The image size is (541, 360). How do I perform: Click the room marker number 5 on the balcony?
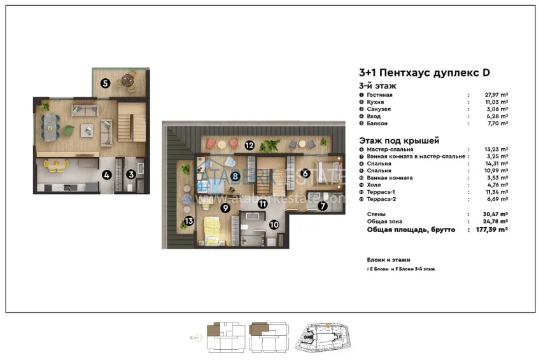pos(105,82)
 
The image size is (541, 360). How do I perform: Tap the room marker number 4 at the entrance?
pos(107,174)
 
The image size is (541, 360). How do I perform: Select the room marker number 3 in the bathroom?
pos(130,174)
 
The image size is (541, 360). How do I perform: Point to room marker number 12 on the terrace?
pos(250,146)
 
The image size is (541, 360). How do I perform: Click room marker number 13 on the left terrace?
pos(188,221)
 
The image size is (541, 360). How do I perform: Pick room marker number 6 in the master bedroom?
pos(305,172)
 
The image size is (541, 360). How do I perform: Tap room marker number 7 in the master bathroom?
pos(323,205)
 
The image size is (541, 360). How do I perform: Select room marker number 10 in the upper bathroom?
pos(274,224)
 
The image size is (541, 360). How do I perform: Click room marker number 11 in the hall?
pos(262,204)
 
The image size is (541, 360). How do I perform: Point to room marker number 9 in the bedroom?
pos(225,207)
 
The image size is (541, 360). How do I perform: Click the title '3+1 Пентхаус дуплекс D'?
pos(425,74)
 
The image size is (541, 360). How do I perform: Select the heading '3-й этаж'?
pos(378,85)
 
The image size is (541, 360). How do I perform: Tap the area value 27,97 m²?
pos(496,95)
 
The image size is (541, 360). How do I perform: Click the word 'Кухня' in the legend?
pos(374,102)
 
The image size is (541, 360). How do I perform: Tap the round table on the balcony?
pos(129,80)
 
